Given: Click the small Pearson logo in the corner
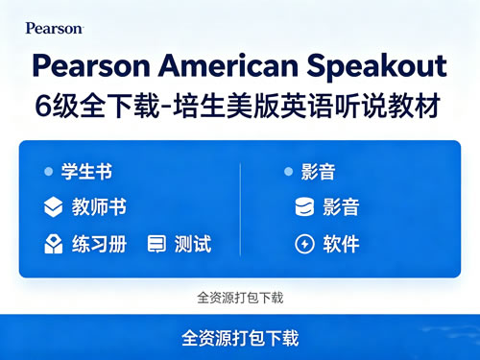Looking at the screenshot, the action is tap(55, 28).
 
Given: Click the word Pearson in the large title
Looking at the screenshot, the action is tap(91, 66).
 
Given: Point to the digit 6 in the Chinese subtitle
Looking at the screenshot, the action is tap(43, 107).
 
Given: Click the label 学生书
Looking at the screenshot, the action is tap(86, 172).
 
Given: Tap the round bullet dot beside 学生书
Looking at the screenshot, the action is tap(49, 172).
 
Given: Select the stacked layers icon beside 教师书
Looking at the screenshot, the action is tap(53, 207).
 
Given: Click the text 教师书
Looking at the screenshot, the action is tap(99, 206).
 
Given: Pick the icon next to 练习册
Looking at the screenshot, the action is tap(53, 244).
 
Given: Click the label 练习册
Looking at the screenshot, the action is tap(99, 244).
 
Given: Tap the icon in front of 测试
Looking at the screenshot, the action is tap(156, 244).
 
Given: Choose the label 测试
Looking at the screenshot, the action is tap(193, 244).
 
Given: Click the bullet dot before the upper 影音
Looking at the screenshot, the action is tap(289, 172).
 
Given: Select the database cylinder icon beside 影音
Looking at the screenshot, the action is tap(304, 206).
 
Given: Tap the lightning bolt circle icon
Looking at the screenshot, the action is tap(304, 244).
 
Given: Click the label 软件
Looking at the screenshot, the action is tap(341, 244).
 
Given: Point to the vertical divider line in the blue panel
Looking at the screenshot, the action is tap(240, 209).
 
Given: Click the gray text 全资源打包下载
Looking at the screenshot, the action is tap(240, 298).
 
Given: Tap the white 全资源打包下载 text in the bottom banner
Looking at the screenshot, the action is tap(240, 338).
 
